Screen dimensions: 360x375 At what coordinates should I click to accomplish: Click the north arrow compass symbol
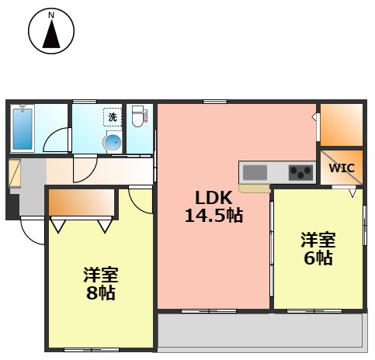(50, 33)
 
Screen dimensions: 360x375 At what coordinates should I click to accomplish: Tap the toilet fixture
(138, 117)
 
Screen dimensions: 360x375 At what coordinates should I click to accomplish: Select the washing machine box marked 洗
(113, 117)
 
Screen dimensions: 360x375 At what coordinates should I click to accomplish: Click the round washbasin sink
(113, 142)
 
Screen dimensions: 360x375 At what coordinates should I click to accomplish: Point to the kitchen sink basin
(255, 171)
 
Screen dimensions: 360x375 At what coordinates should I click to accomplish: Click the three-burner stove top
(300, 171)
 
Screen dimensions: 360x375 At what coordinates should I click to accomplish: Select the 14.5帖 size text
(213, 216)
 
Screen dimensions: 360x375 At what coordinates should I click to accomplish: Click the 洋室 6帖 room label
(318, 249)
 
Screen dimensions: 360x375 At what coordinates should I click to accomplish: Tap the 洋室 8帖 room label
(101, 284)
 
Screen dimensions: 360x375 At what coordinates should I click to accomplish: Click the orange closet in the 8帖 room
(81, 204)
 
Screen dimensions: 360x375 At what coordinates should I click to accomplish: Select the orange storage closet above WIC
(341, 124)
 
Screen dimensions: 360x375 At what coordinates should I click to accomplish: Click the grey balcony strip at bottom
(260, 331)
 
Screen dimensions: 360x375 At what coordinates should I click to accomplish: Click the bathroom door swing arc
(56, 141)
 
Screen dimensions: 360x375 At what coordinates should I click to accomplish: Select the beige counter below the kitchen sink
(254, 187)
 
